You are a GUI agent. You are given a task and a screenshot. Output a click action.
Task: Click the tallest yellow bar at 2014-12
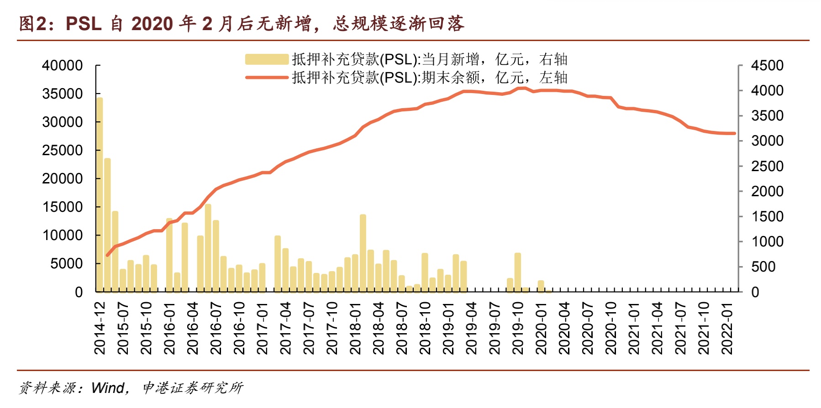[x=100, y=194]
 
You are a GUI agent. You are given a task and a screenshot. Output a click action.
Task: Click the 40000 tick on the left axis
[x=63, y=65]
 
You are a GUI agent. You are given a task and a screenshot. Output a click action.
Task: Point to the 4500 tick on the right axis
[x=767, y=65]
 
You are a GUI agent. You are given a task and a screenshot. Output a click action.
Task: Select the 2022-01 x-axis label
[x=726, y=328]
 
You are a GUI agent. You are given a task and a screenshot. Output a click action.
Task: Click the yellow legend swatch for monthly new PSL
[x=267, y=59]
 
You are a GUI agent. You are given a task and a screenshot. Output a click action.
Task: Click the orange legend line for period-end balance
[x=267, y=78]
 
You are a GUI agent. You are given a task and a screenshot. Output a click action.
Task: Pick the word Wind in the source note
[x=108, y=388]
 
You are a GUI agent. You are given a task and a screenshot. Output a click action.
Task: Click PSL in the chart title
[x=84, y=24]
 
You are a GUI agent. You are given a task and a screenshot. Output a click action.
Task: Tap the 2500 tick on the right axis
[x=767, y=166]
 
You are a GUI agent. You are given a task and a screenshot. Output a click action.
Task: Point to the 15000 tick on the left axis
[x=63, y=207]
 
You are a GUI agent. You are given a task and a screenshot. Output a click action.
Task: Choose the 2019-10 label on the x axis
[x=518, y=328]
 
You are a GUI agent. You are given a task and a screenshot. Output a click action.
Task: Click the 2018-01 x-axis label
[x=355, y=328]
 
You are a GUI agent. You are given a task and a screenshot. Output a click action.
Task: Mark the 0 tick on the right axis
[x=755, y=292]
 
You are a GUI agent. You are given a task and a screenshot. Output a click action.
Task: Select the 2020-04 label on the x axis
[x=564, y=328]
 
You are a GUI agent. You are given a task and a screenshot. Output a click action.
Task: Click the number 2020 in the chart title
[x=152, y=24]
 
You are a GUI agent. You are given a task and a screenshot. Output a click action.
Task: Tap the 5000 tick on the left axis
[x=67, y=263]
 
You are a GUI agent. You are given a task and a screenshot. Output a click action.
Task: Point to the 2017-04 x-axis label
[x=285, y=328]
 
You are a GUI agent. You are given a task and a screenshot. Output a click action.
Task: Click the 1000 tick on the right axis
[x=767, y=241]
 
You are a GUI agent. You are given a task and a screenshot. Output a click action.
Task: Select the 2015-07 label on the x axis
[x=123, y=328]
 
